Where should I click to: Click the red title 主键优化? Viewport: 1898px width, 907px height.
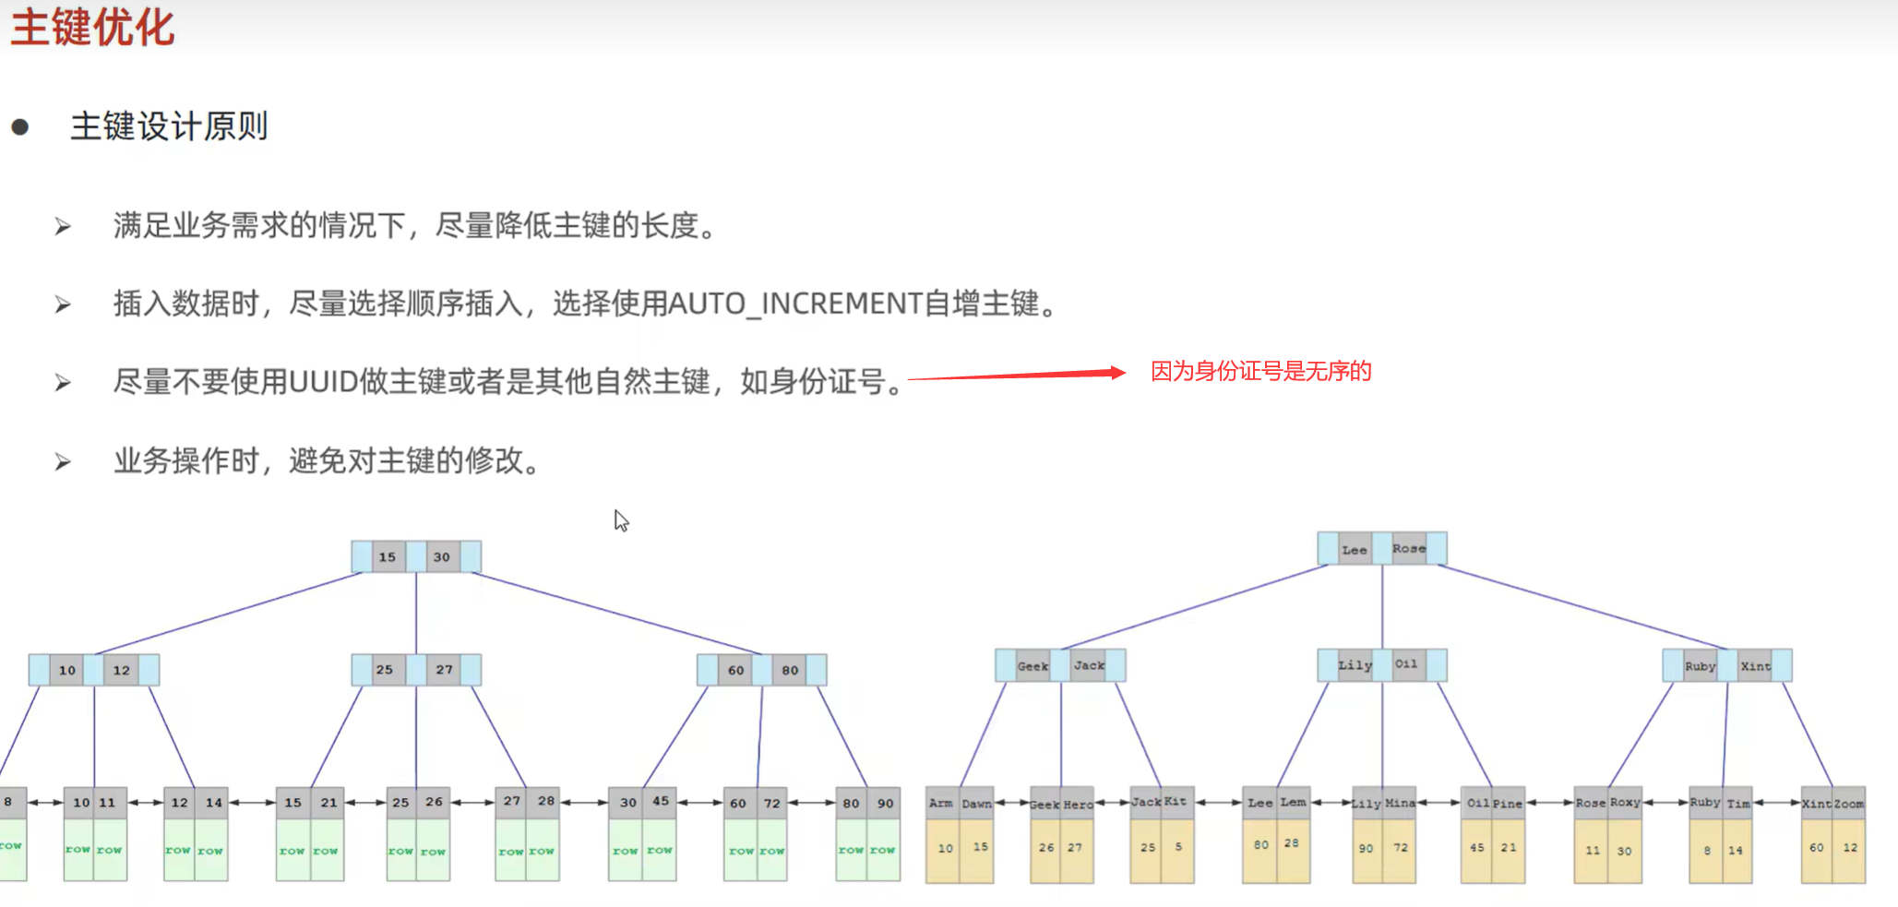click(x=92, y=27)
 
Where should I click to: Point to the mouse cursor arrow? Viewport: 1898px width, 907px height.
click(x=621, y=520)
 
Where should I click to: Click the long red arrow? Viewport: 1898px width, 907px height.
click(x=1015, y=375)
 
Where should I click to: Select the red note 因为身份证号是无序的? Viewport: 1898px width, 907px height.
click(x=1260, y=371)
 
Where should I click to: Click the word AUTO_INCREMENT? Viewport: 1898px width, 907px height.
click(x=794, y=303)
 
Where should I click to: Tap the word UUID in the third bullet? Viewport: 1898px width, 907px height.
click(x=323, y=381)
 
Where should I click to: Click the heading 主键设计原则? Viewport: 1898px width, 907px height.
click(x=169, y=126)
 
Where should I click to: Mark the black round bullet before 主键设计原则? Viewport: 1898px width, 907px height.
click(x=20, y=127)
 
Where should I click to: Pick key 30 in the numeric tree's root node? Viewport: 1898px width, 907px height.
click(x=442, y=557)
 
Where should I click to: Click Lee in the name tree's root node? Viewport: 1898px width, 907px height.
click(x=1354, y=550)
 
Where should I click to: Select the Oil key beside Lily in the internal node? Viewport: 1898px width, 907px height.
click(x=1406, y=664)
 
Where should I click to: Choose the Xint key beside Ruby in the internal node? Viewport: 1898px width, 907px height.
click(x=1755, y=666)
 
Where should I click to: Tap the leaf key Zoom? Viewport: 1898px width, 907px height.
click(x=1849, y=804)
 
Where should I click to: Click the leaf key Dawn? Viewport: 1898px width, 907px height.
click(x=976, y=804)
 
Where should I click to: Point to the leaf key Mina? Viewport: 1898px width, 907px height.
click(x=1400, y=804)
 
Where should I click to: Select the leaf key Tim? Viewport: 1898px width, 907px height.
click(x=1738, y=804)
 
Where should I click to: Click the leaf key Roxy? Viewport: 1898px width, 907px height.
click(x=1625, y=803)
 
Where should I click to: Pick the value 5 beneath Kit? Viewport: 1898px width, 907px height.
click(x=1178, y=846)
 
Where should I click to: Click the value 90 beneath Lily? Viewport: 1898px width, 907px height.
click(x=1366, y=848)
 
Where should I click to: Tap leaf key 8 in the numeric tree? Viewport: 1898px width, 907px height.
click(x=8, y=802)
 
